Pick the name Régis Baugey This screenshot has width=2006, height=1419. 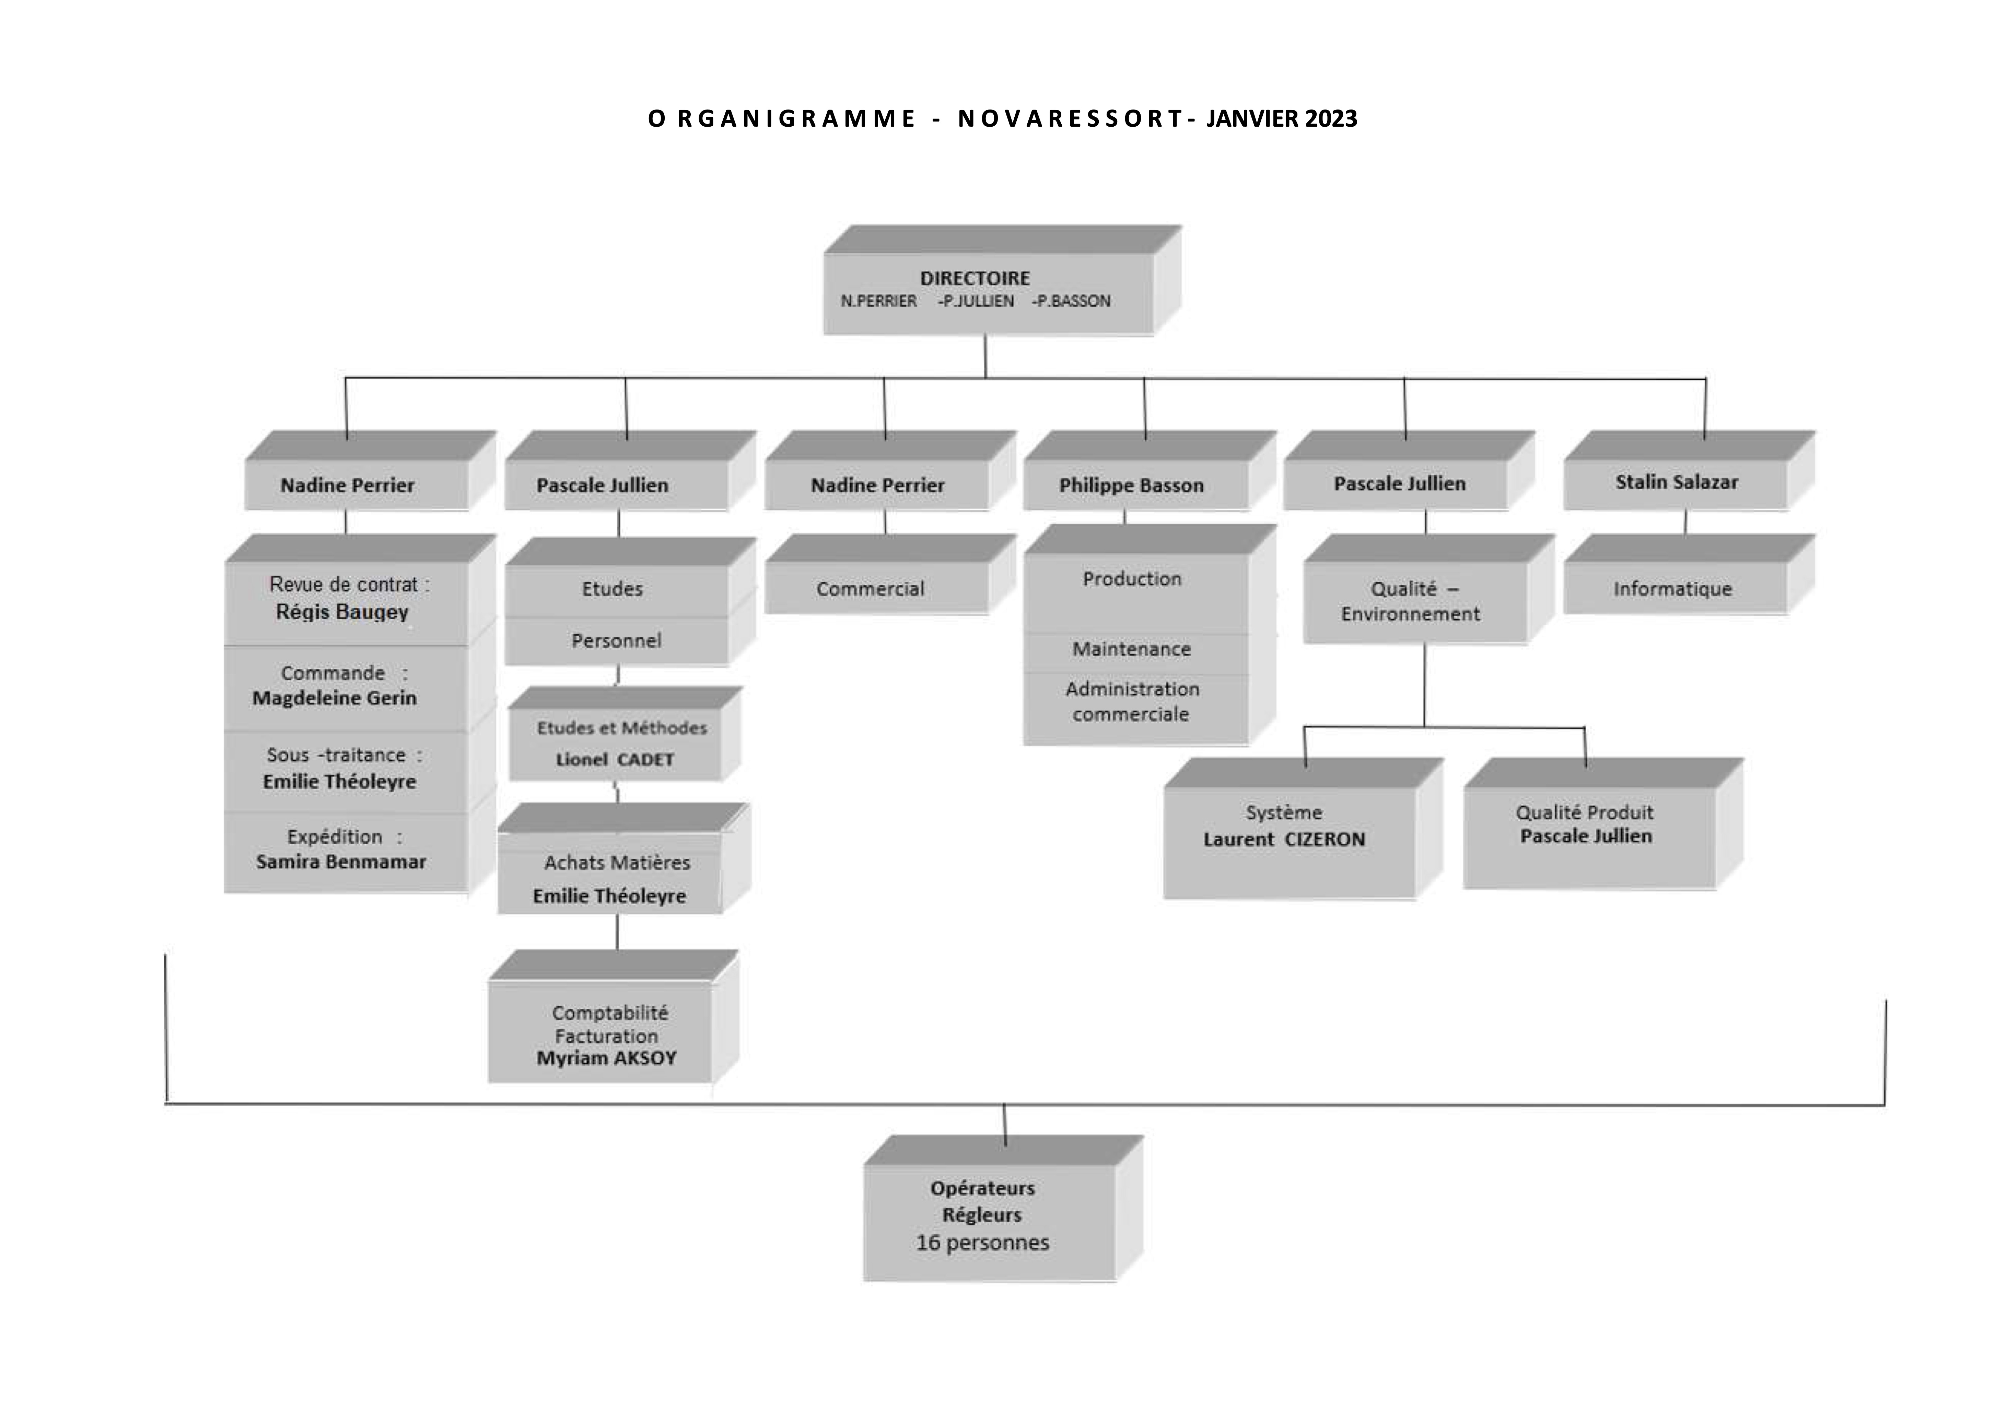342,612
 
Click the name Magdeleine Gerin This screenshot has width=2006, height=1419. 335,697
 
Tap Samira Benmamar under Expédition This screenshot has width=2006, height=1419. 341,862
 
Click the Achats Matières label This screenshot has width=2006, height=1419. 617,862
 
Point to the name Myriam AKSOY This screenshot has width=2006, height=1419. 606,1058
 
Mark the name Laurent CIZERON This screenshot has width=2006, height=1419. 1283,839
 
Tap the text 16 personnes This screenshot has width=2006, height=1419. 982,1243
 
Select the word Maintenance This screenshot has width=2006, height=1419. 1131,648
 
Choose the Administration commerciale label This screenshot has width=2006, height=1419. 1132,702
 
